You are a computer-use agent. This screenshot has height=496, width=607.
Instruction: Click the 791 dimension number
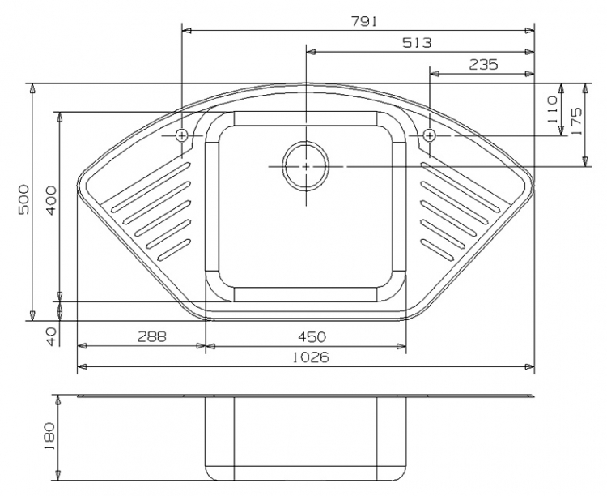(363, 22)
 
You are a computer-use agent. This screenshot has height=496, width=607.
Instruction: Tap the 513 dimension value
(417, 42)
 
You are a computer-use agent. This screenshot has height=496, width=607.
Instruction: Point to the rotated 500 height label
(23, 199)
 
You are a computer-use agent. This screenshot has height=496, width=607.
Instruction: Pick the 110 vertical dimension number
(552, 109)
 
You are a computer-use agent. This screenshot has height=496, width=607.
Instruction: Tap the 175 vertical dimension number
(576, 121)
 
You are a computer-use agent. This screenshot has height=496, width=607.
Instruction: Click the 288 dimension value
(152, 336)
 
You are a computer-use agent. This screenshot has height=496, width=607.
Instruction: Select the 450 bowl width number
(312, 336)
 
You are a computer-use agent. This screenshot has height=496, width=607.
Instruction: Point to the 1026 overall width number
(310, 357)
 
